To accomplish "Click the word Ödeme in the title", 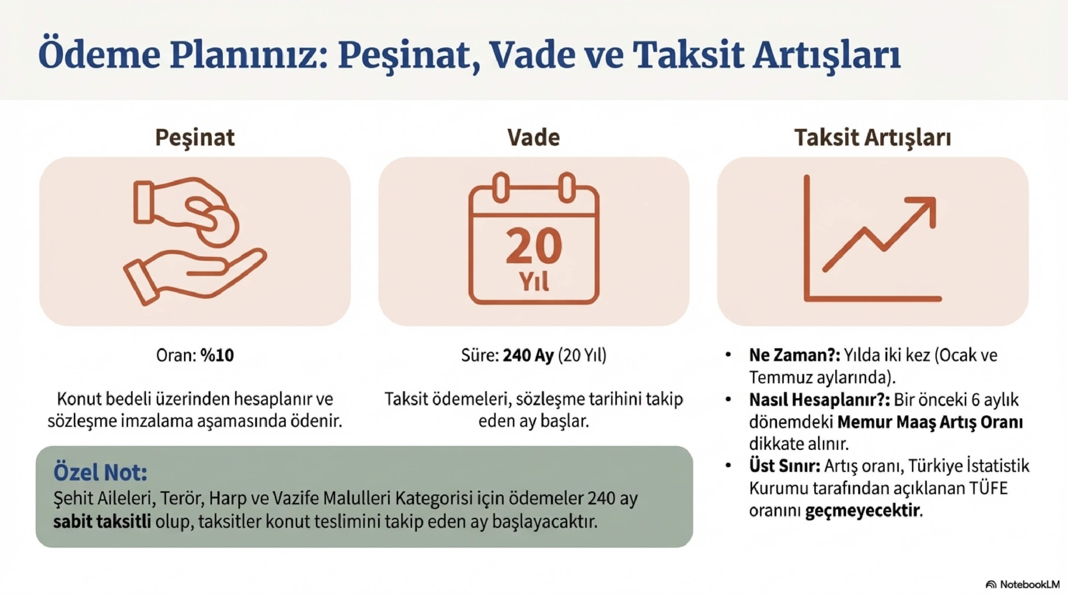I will coord(99,55).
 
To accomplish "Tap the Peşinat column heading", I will coord(195,137).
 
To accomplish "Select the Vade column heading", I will coord(533,137).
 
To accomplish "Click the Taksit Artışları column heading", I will coord(872,137).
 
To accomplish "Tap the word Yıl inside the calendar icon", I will coord(534,282).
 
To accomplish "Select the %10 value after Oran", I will coord(217,355).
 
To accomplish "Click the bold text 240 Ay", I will coord(528,355).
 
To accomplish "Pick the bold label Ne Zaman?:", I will coord(795,355).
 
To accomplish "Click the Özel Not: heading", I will coord(100,472).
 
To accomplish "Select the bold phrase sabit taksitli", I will coord(102,522).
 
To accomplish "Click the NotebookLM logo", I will coord(1022,584).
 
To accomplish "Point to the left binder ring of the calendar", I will coord(501,188).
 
